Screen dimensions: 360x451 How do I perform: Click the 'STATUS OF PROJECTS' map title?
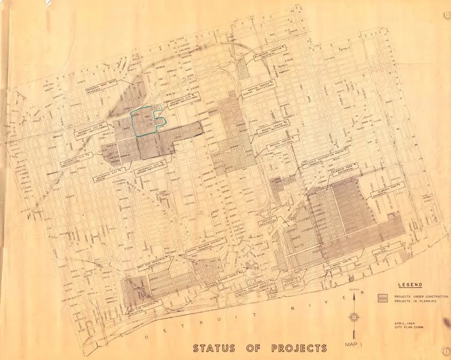(260, 348)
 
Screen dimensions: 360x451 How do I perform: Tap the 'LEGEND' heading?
(410, 285)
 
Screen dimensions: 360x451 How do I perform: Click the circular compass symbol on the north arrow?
(354, 316)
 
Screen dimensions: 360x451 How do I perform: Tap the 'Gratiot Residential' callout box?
(271, 220)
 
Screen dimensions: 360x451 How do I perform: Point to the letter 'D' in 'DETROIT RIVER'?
(149, 337)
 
